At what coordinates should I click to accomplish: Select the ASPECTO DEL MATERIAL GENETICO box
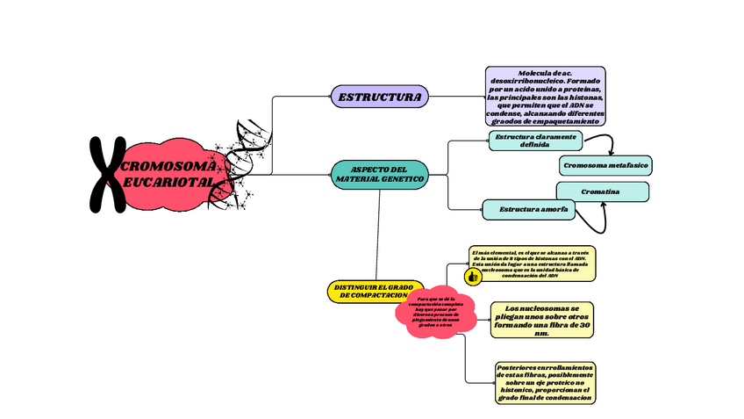380,173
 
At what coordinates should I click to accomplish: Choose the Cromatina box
602,191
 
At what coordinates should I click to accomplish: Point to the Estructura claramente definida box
535,141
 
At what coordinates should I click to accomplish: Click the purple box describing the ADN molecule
545,96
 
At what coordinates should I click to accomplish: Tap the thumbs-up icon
473,276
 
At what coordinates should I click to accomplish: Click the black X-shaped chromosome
107,174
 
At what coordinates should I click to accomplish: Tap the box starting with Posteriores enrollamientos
545,383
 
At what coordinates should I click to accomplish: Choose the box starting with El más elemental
533,264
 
